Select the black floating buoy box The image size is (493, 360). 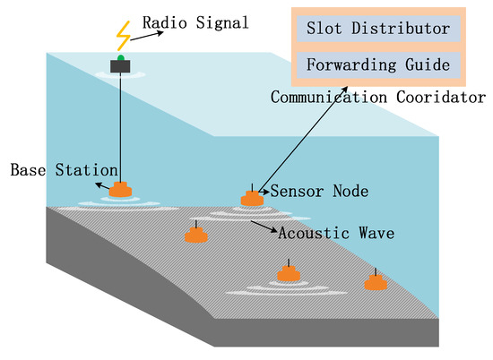tap(119, 65)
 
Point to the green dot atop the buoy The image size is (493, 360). tap(119, 57)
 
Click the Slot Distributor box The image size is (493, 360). tap(377, 30)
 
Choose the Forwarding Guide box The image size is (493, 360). tap(377, 64)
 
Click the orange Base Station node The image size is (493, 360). tap(120, 190)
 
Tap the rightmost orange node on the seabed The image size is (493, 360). tap(376, 282)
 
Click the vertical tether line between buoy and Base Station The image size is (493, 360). tap(119, 125)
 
